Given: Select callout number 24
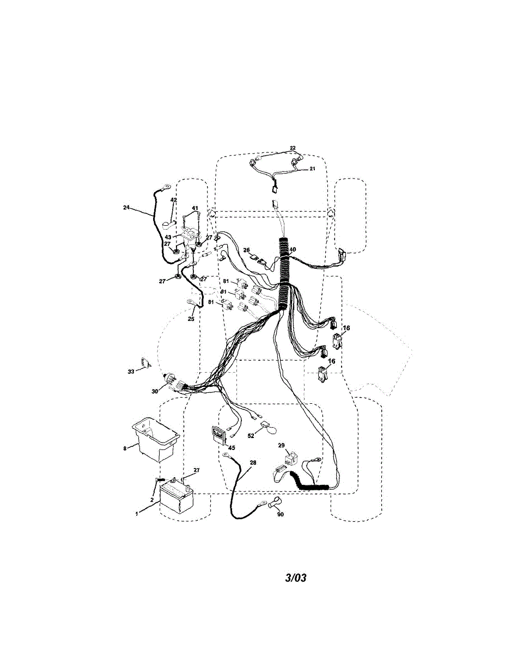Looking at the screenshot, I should [126, 207].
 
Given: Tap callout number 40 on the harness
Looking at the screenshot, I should [293, 250].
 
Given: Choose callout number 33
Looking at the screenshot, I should [131, 372].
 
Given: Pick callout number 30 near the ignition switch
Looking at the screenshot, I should [155, 391].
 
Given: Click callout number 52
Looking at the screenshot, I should [251, 436].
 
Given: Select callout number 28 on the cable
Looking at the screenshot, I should [253, 463].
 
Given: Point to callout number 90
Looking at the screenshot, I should [280, 514].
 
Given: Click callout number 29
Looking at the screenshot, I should [281, 446].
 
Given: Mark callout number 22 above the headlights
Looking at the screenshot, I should [293, 148].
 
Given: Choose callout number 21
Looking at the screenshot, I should [313, 169].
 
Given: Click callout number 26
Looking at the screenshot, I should [247, 250].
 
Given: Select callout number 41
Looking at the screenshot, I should [194, 208].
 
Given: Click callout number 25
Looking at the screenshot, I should [191, 319].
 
